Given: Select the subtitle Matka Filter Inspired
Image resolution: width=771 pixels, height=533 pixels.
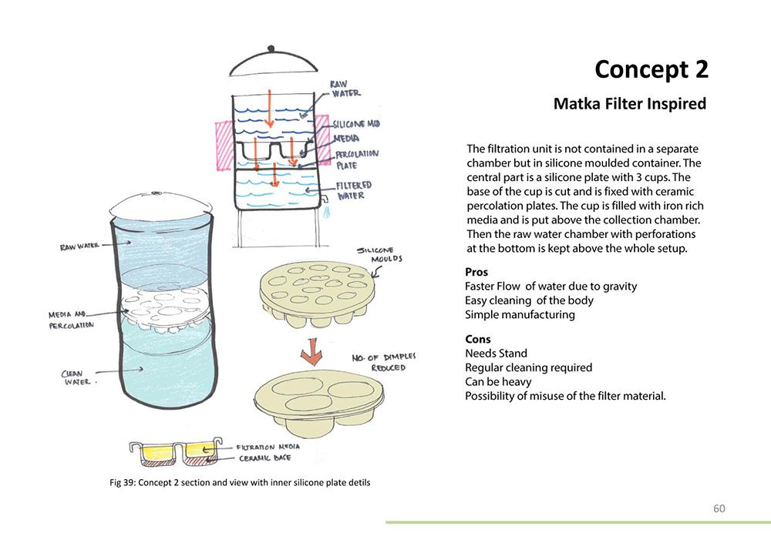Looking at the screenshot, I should (x=630, y=103).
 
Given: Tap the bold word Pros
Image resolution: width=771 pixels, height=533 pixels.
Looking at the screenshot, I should (x=477, y=272).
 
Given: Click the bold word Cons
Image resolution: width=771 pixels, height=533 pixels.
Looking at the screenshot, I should (x=478, y=339).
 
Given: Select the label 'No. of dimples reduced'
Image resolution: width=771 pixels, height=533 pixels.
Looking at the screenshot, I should (x=383, y=361).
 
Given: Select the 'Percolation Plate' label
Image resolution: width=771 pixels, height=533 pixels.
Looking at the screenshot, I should (x=356, y=159).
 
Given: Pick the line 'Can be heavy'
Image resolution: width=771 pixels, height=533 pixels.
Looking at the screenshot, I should (x=498, y=381).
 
